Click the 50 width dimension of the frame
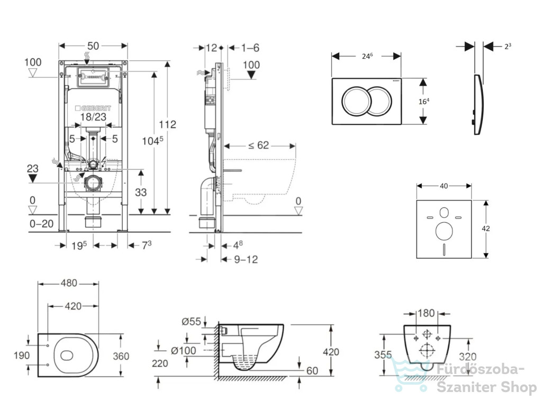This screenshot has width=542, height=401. [x=93, y=46]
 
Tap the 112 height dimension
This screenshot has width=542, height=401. [x=167, y=124]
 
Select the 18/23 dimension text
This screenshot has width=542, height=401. [x=93, y=117]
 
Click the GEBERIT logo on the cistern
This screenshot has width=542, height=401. [x=93, y=108]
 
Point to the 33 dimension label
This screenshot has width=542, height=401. [x=141, y=192]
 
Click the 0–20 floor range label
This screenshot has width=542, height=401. [x=41, y=224]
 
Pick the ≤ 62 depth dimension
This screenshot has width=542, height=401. [x=258, y=145]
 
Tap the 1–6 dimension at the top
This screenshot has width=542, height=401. [x=250, y=48]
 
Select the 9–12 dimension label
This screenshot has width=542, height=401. [x=246, y=259]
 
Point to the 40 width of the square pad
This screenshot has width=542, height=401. [x=444, y=186]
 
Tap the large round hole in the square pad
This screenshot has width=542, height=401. [x=444, y=231]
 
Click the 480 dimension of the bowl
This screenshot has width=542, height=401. [x=69, y=283]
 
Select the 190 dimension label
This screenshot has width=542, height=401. [x=21, y=356]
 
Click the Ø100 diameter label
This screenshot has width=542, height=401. [x=184, y=351]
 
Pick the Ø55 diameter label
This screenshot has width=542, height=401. [x=191, y=322]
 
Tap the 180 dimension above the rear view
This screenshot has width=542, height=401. [x=426, y=313]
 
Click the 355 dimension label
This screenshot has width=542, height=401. [x=383, y=355]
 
